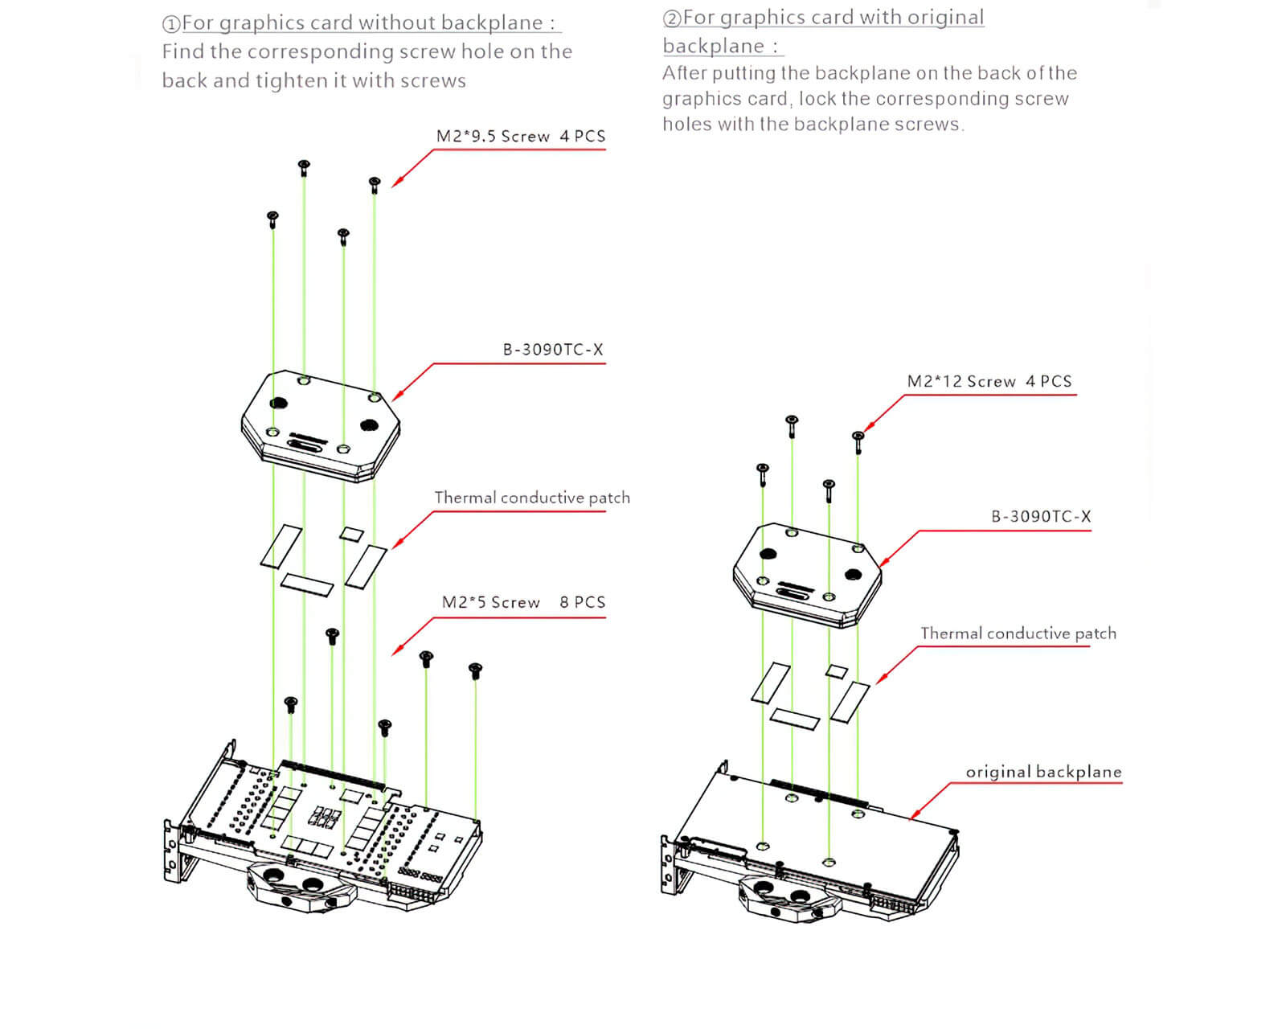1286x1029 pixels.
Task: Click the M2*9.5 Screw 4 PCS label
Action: click(520, 136)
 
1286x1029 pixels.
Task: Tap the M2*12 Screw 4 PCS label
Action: click(989, 381)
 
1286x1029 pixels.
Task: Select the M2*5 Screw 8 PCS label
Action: click(523, 602)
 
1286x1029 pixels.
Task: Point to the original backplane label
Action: click(1043, 772)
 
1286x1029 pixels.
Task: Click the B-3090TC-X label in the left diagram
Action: click(553, 350)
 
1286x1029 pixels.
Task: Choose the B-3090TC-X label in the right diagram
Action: click(1041, 516)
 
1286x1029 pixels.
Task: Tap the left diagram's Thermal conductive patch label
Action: click(532, 498)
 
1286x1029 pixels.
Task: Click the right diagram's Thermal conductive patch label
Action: click(1018, 633)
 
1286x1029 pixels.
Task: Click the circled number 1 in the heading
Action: click(170, 24)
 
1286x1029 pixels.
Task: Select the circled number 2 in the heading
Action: click(671, 18)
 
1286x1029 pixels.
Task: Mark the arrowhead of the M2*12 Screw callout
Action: click(865, 430)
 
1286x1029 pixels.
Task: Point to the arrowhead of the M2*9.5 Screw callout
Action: click(393, 187)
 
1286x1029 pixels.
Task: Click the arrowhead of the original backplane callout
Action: click(911, 818)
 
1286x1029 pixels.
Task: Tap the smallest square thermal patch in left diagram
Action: click(351, 533)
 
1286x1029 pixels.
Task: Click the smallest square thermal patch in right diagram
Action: click(838, 670)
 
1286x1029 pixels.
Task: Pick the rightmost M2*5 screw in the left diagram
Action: click(475, 670)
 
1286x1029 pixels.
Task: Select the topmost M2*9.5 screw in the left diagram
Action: click(304, 167)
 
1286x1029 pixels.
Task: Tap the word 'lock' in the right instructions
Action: click(817, 99)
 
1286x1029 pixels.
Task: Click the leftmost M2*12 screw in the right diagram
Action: click(763, 471)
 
